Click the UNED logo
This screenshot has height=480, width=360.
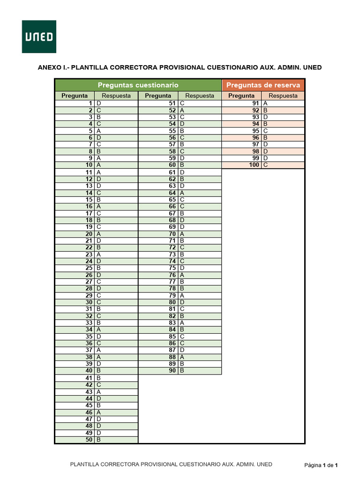[39, 37]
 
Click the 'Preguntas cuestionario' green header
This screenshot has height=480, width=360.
[138, 85]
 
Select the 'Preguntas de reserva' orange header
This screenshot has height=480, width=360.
[263, 85]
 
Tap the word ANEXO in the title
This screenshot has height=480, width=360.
[49, 67]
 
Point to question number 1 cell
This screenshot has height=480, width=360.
[75, 103]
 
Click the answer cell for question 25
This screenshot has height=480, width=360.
[116, 268]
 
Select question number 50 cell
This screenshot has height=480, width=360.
[75, 440]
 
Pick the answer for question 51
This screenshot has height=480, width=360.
[199, 103]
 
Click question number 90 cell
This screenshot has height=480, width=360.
[158, 371]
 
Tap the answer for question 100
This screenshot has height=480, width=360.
[283, 165]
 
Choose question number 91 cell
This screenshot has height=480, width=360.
[242, 103]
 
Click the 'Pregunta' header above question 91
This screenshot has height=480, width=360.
[241, 96]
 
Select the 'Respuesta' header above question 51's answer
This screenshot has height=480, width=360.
[200, 96]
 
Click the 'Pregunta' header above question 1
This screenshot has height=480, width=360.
[75, 96]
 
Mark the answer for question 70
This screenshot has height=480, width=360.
[199, 234]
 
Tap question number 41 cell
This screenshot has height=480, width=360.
[75, 378]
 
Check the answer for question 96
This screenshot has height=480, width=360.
[283, 138]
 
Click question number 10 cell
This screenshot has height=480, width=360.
[75, 165]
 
